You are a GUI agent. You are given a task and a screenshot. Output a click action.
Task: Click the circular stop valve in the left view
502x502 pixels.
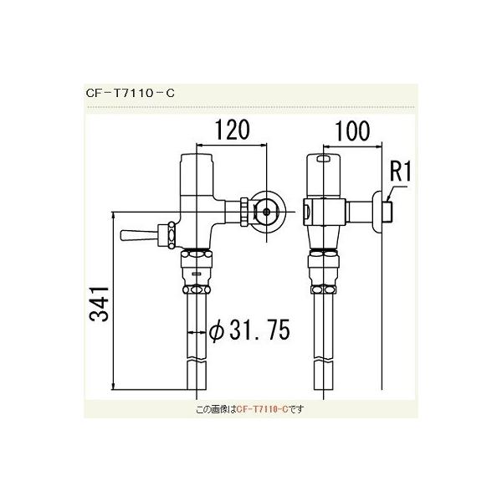[x=267, y=213]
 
